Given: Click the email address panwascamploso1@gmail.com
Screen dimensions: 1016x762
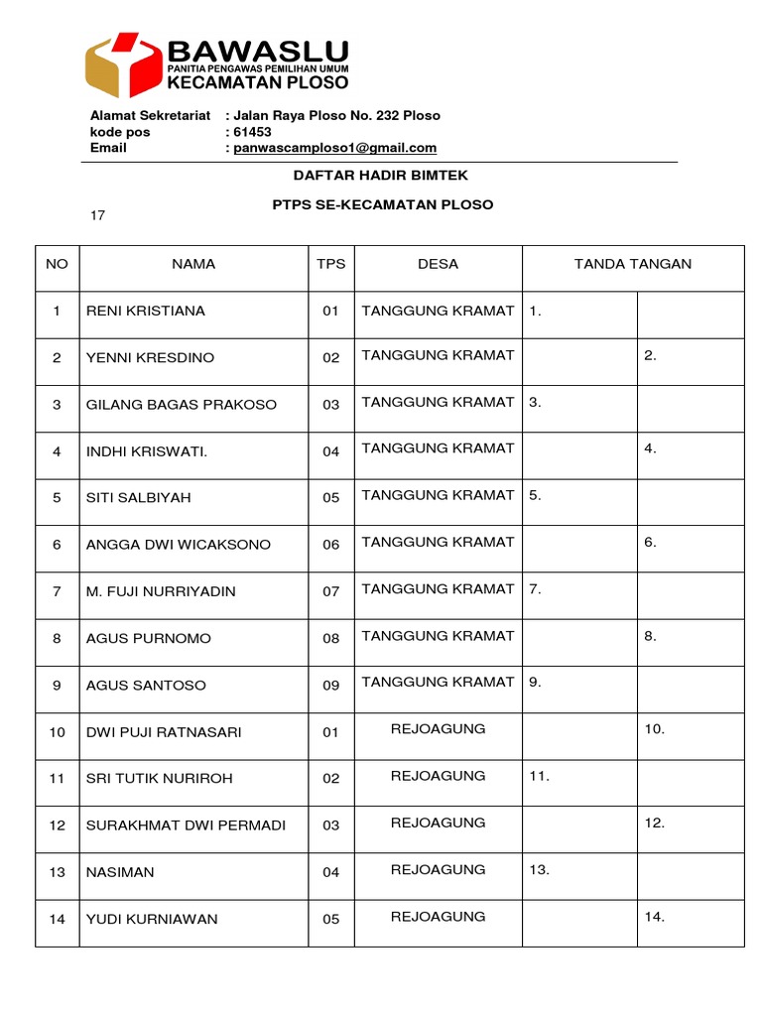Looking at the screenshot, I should pos(334,148).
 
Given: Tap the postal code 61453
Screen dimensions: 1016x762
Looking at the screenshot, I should pos(248,132).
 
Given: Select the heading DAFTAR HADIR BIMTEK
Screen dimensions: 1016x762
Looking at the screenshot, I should pos(380,176).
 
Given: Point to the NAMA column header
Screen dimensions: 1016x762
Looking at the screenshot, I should pos(193,264).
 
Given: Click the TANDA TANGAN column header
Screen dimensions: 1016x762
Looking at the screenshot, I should pos(633,264).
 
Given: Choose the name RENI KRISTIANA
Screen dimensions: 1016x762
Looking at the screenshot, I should pos(146,311).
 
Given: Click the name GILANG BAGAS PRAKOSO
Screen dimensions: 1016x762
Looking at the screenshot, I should pos(182,405).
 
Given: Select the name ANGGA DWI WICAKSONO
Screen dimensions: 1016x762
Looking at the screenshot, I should pos(179,545).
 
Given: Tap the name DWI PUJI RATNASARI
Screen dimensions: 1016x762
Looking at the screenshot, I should pos(164,732).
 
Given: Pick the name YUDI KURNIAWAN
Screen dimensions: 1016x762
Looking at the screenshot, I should pos(152,919).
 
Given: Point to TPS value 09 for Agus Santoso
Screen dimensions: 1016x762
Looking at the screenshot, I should pos(330,686).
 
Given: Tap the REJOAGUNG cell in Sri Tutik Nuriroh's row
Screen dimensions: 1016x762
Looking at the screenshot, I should pos(438,776).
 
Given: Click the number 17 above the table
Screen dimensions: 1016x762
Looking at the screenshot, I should pos(97,215).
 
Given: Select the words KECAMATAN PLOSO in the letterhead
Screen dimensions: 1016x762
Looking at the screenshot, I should pos(258,82).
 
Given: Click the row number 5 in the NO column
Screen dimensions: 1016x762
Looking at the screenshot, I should pos(57,498).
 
